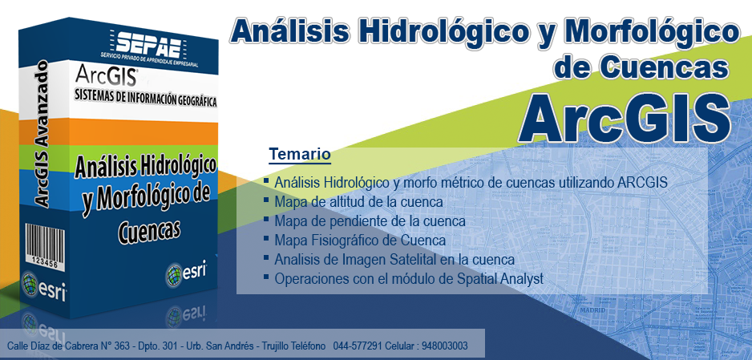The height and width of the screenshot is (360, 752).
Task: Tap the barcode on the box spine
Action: pyautogui.click(x=45, y=241)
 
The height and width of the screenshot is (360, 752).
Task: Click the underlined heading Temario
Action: pyautogui.click(x=300, y=155)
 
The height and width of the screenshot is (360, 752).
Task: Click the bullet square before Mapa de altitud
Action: pyautogui.click(x=266, y=200)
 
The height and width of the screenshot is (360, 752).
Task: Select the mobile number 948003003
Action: pyautogui.click(x=445, y=346)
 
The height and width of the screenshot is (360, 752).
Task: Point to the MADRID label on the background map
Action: pyautogui.click(x=592, y=310)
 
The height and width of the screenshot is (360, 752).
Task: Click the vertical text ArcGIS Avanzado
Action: pyautogui.click(x=42, y=134)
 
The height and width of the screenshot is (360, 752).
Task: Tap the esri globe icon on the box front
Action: pyautogui.click(x=174, y=275)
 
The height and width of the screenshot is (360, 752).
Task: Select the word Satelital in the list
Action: pyautogui.click(x=406, y=259)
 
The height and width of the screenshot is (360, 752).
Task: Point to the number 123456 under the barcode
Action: pyautogui.click(x=45, y=264)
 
